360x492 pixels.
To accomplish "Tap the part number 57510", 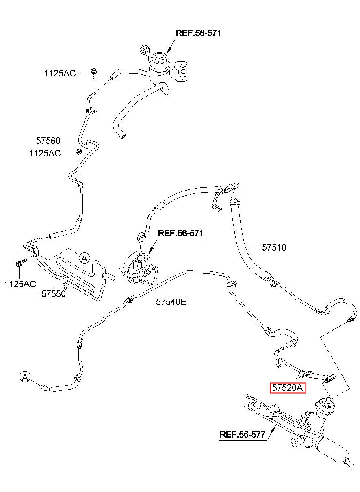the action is click(x=274, y=247).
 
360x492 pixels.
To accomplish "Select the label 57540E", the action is click(x=171, y=302).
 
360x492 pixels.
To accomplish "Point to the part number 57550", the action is click(x=54, y=294).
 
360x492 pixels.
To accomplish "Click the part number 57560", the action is click(x=48, y=141).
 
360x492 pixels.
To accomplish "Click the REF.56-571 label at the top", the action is click(x=198, y=33).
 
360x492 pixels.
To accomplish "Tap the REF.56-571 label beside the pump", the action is click(x=180, y=233).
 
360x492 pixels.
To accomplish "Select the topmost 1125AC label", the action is click(x=60, y=73).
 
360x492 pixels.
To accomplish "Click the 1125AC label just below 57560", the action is click(x=45, y=153).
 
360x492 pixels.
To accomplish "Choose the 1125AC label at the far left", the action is click(x=20, y=284).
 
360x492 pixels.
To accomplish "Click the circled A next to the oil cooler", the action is click(x=85, y=258).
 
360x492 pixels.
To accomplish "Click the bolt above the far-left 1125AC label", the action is click(x=21, y=262).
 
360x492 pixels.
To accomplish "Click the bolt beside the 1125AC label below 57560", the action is click(x=79, y=154).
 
